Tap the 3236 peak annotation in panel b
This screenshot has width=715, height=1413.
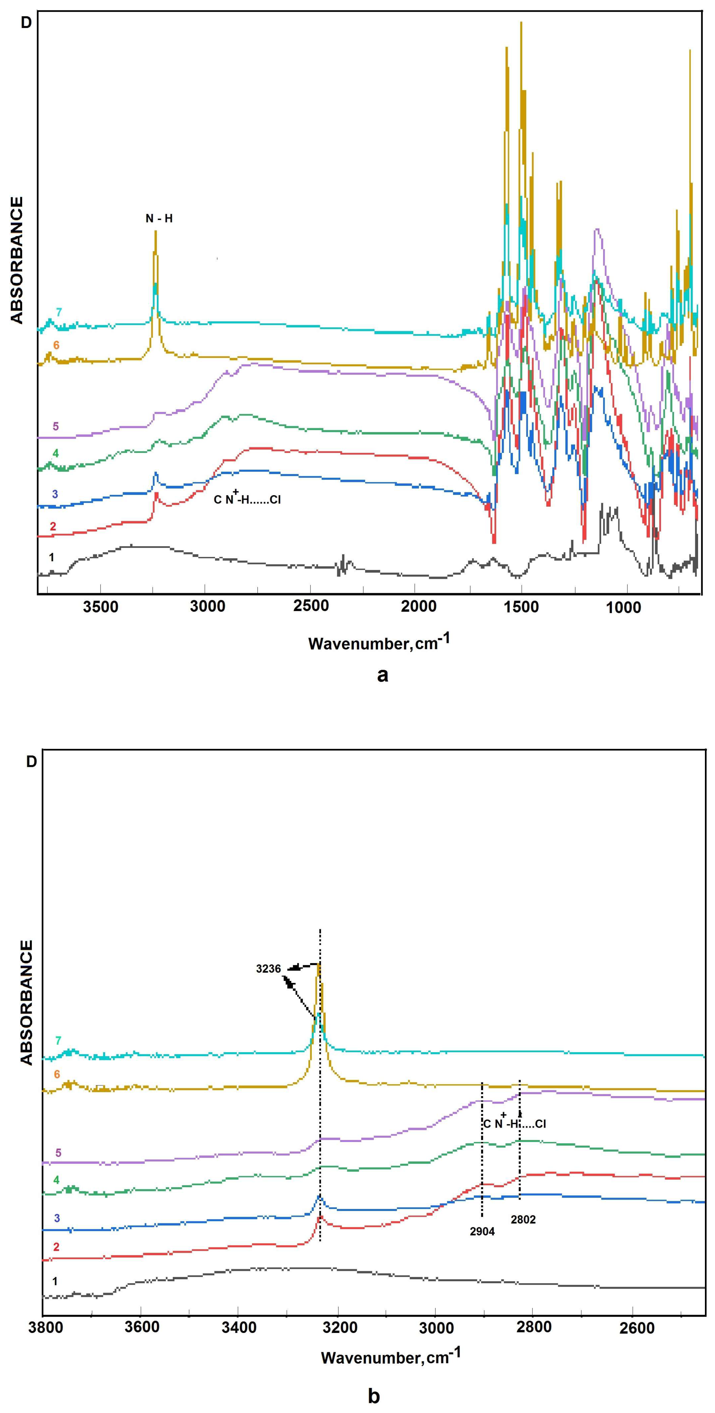click(x=268, y=969)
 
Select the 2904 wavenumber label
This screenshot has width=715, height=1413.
click(x=482, y=1231)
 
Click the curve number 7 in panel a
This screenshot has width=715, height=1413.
click(x=59, y=312)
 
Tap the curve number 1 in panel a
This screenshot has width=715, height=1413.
click(x=51, y=557)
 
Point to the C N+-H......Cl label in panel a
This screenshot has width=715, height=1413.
click(x=247, y=499)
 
